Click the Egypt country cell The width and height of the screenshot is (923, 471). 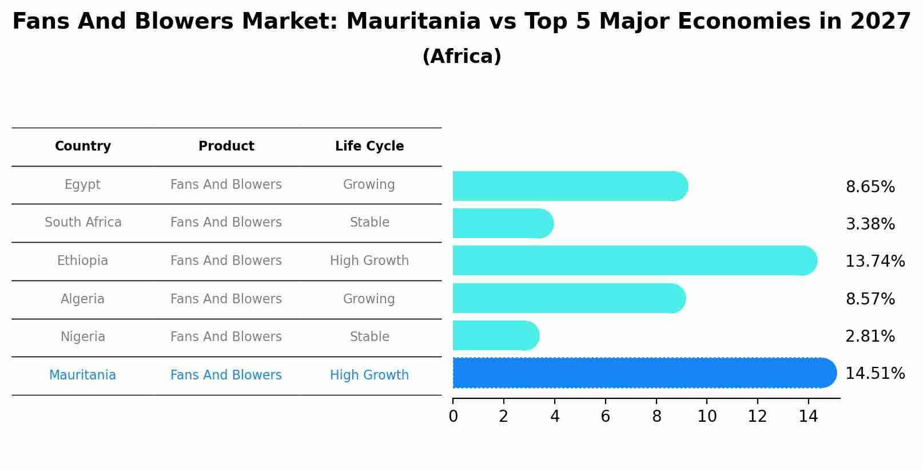82,185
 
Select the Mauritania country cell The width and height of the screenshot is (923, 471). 82,375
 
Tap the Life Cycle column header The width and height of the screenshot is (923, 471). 369,147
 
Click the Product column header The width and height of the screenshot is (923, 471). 226,147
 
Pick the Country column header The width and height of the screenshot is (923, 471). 82,147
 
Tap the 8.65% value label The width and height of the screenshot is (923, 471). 870,187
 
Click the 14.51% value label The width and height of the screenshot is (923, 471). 874,374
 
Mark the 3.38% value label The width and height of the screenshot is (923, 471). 870,224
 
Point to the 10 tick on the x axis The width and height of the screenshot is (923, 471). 707,417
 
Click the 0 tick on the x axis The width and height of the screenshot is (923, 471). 453,417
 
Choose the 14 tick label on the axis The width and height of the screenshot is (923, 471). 808,417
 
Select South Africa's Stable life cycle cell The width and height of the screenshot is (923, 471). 369,223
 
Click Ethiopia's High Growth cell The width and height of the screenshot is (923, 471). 369,261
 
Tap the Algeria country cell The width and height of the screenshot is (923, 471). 82,299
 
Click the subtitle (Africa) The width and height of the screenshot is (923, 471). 462,57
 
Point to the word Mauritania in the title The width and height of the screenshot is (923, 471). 413,22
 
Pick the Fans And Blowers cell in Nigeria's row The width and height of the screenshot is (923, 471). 226,337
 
